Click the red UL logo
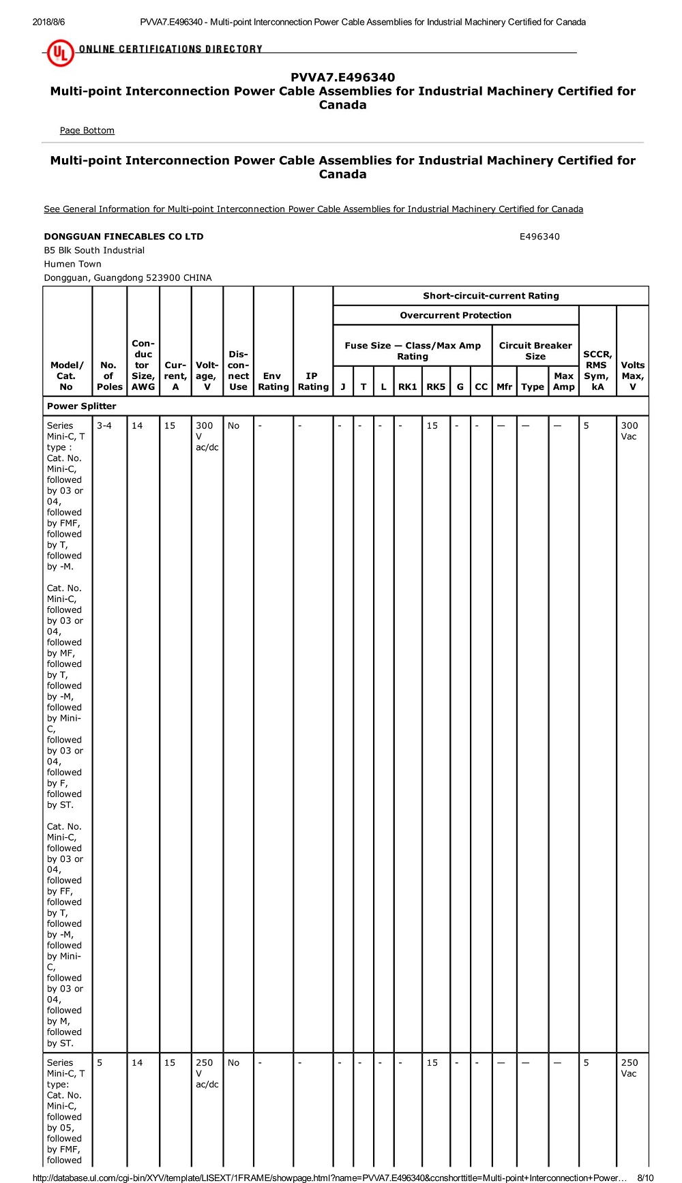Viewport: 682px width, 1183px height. pyautogui.click(x=60, y=53)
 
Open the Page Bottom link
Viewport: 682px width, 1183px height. pyautogui.click(x=87, y=130)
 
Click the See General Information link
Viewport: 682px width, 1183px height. pyautogui.click(x=313, y=209)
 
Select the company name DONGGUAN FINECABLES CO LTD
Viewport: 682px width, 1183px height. pyautogui.click(x=123, y=237)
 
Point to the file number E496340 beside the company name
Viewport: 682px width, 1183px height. pyautogui.click(x=539, y=237)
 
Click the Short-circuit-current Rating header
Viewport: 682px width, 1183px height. pyautogui.click(x=490, y=296)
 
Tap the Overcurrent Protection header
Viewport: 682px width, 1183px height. pyautogui.click(x=456, y=315)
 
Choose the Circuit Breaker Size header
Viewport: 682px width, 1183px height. pyautogui.click(x=535, y=350)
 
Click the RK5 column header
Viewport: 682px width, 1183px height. pyautogui.click(x=436, y=387)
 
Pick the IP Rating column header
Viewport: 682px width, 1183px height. pyautogui.click(x=313, y=381)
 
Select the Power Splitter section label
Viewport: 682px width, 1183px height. pyautogui.click(x=81, y=406)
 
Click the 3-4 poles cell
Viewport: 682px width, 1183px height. pyautogui.click(x=104, y=425)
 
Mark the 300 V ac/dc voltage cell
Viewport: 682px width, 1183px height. pyautogui.click(x=207, y=436)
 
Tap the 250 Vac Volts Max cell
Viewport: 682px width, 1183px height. pyautogui.click(x=629, y=1068)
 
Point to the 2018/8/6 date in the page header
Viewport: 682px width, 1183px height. pyautogui.click(x=48, y=22)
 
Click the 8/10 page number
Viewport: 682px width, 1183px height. pyautogui.click(x=645, y=1178)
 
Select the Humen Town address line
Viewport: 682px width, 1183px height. pyautogui.click(x=72, y=264)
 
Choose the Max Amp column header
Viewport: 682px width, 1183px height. pyautogui.click(x=564, y=381)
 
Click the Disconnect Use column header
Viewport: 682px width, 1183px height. pyautogui.click(x=238, y=370)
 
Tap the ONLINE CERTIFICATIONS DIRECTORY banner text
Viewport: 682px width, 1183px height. pyautogui.click(x=170, y=49)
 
